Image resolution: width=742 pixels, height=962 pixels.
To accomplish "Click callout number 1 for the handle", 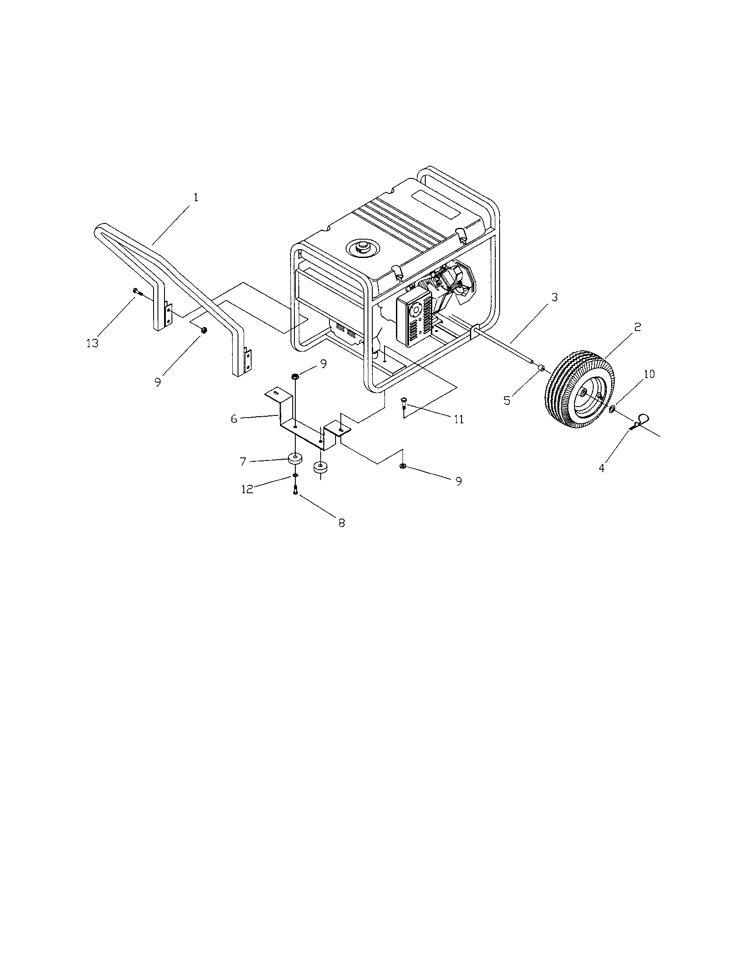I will (196, 198).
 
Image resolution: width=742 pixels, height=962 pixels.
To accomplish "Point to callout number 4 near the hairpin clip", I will (602, 468).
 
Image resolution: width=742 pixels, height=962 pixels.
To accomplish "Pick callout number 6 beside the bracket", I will (234, 419).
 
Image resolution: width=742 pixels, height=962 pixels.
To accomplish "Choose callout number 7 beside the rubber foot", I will (243, 461).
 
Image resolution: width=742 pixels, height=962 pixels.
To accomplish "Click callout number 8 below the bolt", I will (342, 523).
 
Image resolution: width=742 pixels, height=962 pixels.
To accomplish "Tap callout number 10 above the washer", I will (649, 374).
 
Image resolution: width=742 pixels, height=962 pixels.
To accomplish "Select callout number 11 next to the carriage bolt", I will (458, 419).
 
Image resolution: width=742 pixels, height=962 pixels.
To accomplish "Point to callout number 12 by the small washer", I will (247, 489).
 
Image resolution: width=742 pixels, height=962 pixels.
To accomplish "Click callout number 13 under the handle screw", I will (92, 343).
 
